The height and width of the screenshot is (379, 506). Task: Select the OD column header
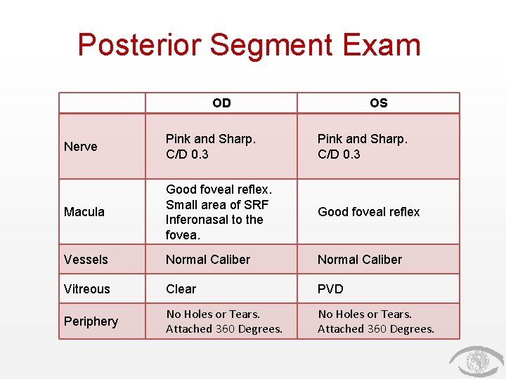221,103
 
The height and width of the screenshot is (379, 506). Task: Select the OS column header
378,103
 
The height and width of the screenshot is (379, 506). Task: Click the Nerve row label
81,147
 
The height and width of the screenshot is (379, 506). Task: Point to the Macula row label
84,212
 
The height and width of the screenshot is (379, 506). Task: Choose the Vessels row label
86,260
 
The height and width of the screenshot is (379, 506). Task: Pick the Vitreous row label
87,289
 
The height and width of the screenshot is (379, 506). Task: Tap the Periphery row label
91,321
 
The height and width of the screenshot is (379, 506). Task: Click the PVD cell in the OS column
330,289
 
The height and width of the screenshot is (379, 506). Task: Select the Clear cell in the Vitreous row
181,289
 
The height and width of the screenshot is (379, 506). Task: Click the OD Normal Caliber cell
208,260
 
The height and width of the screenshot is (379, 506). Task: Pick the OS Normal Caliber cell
360,260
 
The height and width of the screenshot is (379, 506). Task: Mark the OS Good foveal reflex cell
368,212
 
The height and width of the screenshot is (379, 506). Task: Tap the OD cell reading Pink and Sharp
211,146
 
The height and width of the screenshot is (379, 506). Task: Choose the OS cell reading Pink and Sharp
363,146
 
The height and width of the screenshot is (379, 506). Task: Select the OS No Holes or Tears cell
376,321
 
